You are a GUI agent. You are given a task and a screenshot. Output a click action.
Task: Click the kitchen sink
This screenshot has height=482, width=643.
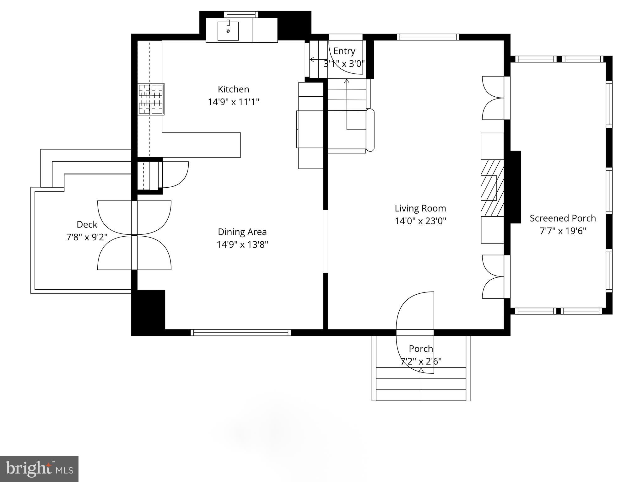coord(228,31)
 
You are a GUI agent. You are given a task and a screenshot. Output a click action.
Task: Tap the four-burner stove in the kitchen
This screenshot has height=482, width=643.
coord(151,99)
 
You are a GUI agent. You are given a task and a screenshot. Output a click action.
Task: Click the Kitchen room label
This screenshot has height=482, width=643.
coord(233,89)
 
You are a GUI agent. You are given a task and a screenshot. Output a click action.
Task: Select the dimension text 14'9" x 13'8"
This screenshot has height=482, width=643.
coord(242,244)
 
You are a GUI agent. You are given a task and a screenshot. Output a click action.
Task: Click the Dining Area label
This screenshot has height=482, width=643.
coord(242,232)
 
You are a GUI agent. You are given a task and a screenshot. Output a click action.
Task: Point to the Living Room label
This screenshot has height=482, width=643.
coord(420,208)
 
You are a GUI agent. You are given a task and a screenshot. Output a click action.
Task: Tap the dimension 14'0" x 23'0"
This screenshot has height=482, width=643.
coord(420,221)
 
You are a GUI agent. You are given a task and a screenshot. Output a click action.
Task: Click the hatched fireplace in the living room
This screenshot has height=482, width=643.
coord(492,188)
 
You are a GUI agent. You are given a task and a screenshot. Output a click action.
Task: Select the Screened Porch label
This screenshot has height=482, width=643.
coord(563,218)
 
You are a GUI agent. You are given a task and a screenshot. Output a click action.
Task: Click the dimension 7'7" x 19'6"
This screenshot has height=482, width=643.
coord(563,231)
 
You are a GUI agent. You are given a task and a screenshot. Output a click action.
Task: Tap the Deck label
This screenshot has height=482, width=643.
coord(87,224)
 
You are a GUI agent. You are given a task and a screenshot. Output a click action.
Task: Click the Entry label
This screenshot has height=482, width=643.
coord(344,51)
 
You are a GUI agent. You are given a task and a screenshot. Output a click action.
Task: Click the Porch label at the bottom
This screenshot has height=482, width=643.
coord(421,349)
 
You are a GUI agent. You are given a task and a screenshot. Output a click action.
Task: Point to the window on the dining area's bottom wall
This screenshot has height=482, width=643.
coord(240,332)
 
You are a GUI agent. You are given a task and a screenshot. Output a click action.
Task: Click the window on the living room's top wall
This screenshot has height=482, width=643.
coord(428,37)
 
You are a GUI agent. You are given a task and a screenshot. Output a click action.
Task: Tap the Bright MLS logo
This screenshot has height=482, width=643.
coord(39,469)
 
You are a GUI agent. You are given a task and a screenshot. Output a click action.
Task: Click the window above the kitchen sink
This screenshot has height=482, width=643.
coord(241,14)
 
